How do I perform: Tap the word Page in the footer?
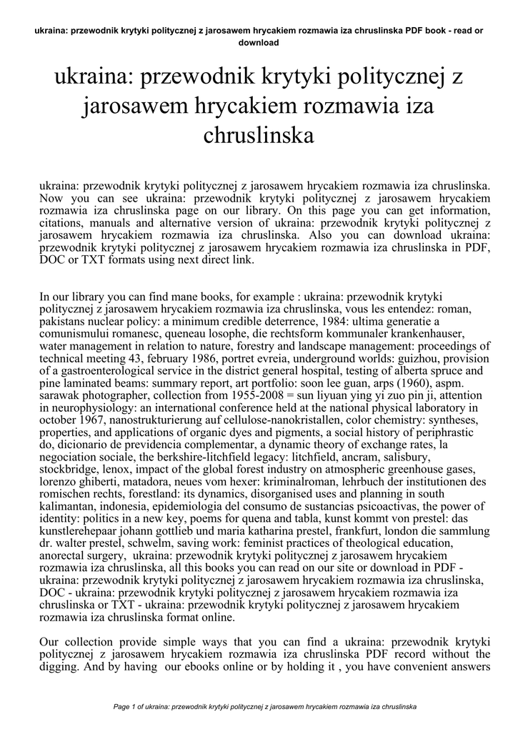[123, 707]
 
